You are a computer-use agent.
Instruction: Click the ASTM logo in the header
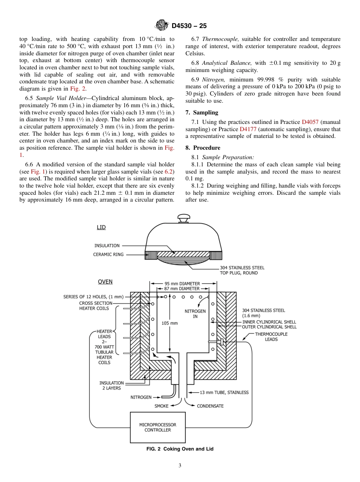[x=162, y=26]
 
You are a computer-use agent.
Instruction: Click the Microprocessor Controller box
[x=158, y=427]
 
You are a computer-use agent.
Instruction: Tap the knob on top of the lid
[x=183, y=219]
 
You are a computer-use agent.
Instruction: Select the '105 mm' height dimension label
[x=169, y=323]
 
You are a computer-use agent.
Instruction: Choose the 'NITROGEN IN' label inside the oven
[x=195, y=314]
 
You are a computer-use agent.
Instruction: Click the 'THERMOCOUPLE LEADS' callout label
[x=271, y=336]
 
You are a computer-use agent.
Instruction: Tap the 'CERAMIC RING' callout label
[x=108, y=255]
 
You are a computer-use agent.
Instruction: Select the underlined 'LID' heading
[x=101, y=227]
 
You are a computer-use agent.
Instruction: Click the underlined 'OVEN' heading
[x=105, y=282]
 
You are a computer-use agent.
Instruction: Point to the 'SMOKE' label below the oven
[x=161, y=406]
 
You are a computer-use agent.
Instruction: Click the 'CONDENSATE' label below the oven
[x=210, y=406]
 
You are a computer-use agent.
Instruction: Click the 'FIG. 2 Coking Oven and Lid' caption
[x=180, y=449]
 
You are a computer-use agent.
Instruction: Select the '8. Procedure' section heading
[x=203, y=148]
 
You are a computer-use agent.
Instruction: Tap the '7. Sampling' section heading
[x=202, y=113]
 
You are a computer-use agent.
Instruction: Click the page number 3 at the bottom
[x=180, y=466]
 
